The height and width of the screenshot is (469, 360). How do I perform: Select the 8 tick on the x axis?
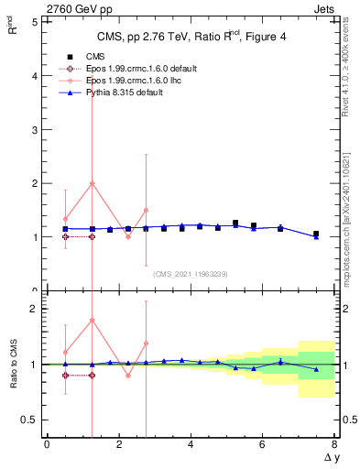pos(334,444)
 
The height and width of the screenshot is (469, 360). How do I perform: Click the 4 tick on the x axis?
pos(191,444)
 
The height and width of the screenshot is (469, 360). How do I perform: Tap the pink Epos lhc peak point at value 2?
pos(92,183)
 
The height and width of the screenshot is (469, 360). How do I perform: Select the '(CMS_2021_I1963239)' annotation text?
pos(190,273)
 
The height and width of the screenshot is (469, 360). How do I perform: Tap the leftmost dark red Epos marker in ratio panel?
pos(65,375)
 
